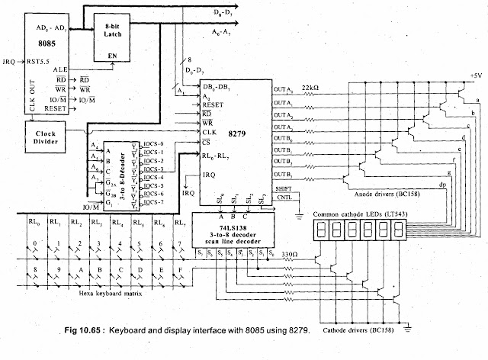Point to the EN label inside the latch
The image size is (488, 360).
coord(111,55)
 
